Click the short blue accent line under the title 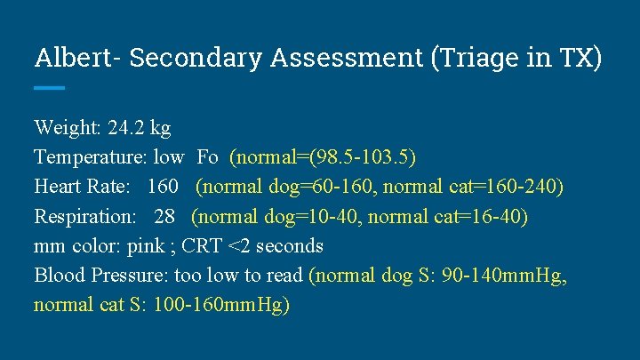click(x=50, y=87)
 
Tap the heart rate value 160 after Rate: click(x=162, y=187)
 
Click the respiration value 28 click(x=164, y=216)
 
